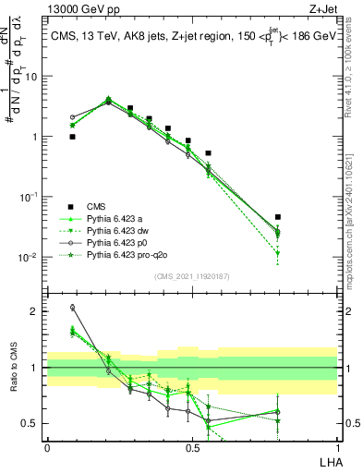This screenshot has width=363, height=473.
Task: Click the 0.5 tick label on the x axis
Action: (192, 447)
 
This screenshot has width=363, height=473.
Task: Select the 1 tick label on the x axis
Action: (337, 447)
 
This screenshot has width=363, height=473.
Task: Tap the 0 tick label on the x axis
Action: (47, 447)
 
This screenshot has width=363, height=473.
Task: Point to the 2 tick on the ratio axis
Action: (36, 311)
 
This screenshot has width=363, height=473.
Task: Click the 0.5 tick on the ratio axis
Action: (32, 423)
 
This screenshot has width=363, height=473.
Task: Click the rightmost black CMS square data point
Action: (278, 217)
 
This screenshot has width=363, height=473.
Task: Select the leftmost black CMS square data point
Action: (72, 137)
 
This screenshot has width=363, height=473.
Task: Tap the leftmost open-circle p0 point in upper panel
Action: (72, 118)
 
